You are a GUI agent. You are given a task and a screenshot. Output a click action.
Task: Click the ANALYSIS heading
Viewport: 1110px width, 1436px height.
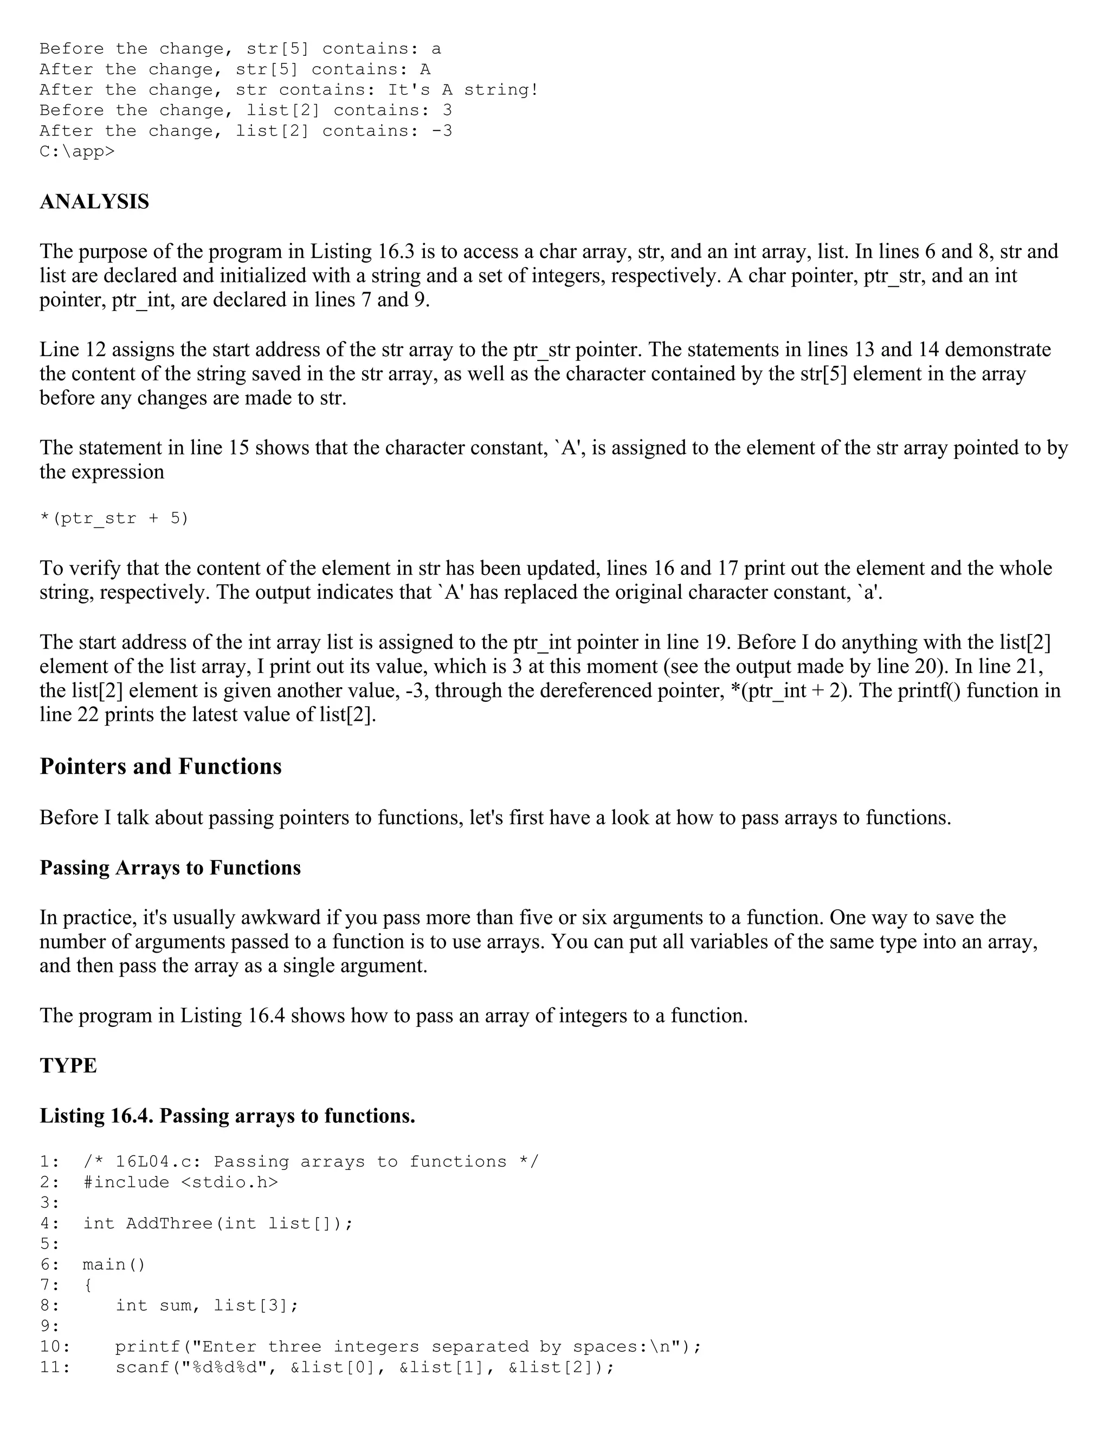tap(95, 202)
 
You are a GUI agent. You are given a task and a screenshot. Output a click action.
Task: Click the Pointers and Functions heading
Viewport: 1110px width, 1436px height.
tap(160, 767)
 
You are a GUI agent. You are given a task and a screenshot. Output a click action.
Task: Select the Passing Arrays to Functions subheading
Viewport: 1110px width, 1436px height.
tap(170, 868)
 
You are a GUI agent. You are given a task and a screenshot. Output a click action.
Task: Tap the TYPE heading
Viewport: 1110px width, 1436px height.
tap(68, 1066)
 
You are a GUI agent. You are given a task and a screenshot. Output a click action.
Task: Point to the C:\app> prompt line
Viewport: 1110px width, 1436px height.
tap(77, 152)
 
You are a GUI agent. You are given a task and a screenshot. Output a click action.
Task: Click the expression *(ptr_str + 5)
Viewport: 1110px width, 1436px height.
tap(114, 519)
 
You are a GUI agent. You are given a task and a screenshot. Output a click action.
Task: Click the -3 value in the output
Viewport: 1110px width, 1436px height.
tap(442, 131)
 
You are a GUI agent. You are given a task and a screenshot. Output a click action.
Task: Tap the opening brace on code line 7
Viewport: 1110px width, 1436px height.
tap(88, 1285)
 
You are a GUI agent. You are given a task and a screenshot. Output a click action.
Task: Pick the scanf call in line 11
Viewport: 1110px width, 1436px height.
tap(365, 1367)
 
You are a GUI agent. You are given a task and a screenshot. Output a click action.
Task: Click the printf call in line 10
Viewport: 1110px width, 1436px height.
tap(408, 1347)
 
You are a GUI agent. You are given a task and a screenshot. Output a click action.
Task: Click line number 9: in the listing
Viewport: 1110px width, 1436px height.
tap(49, 1325)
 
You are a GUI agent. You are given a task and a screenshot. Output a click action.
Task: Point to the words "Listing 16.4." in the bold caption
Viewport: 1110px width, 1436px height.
tap(96, 1116)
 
